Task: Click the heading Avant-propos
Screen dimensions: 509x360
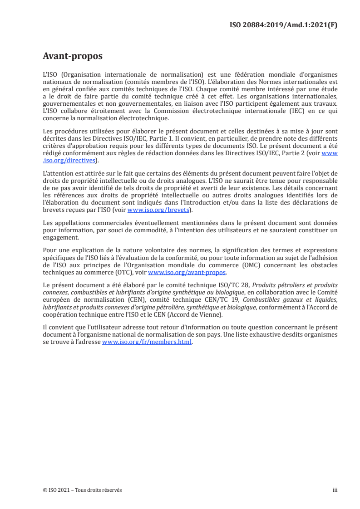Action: tap(72, 56)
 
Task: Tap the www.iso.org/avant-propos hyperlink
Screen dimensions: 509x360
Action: tap(187, 272)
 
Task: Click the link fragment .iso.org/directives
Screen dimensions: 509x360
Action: tap(69, 160)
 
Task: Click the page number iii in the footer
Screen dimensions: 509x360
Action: tap(335, 490)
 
